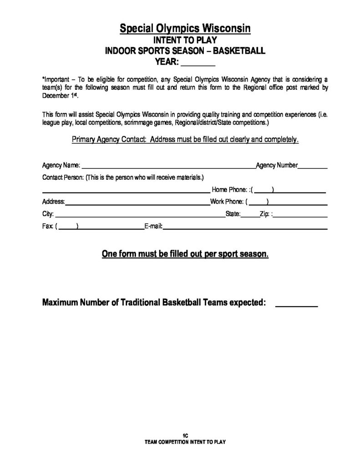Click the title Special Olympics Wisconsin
tap(185, 29)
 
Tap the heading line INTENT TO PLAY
tap(185, 41)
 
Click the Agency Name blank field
tap(168, 167)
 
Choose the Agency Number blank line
tap(313, 167)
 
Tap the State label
tap(233, 214)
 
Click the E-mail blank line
tap(246, 228)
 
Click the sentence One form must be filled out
tap(185, 254)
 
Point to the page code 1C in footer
tap(185, 436)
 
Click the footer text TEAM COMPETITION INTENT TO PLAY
tap(185, 441)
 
